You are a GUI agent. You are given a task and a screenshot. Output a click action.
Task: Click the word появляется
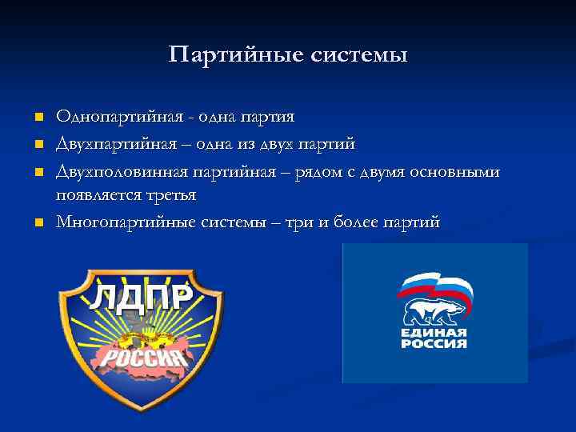coord(94,195)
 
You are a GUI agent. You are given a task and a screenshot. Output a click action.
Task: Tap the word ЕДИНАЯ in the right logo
coord(434,332)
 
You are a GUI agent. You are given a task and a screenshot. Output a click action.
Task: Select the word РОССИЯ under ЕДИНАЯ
coord(434,343)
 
